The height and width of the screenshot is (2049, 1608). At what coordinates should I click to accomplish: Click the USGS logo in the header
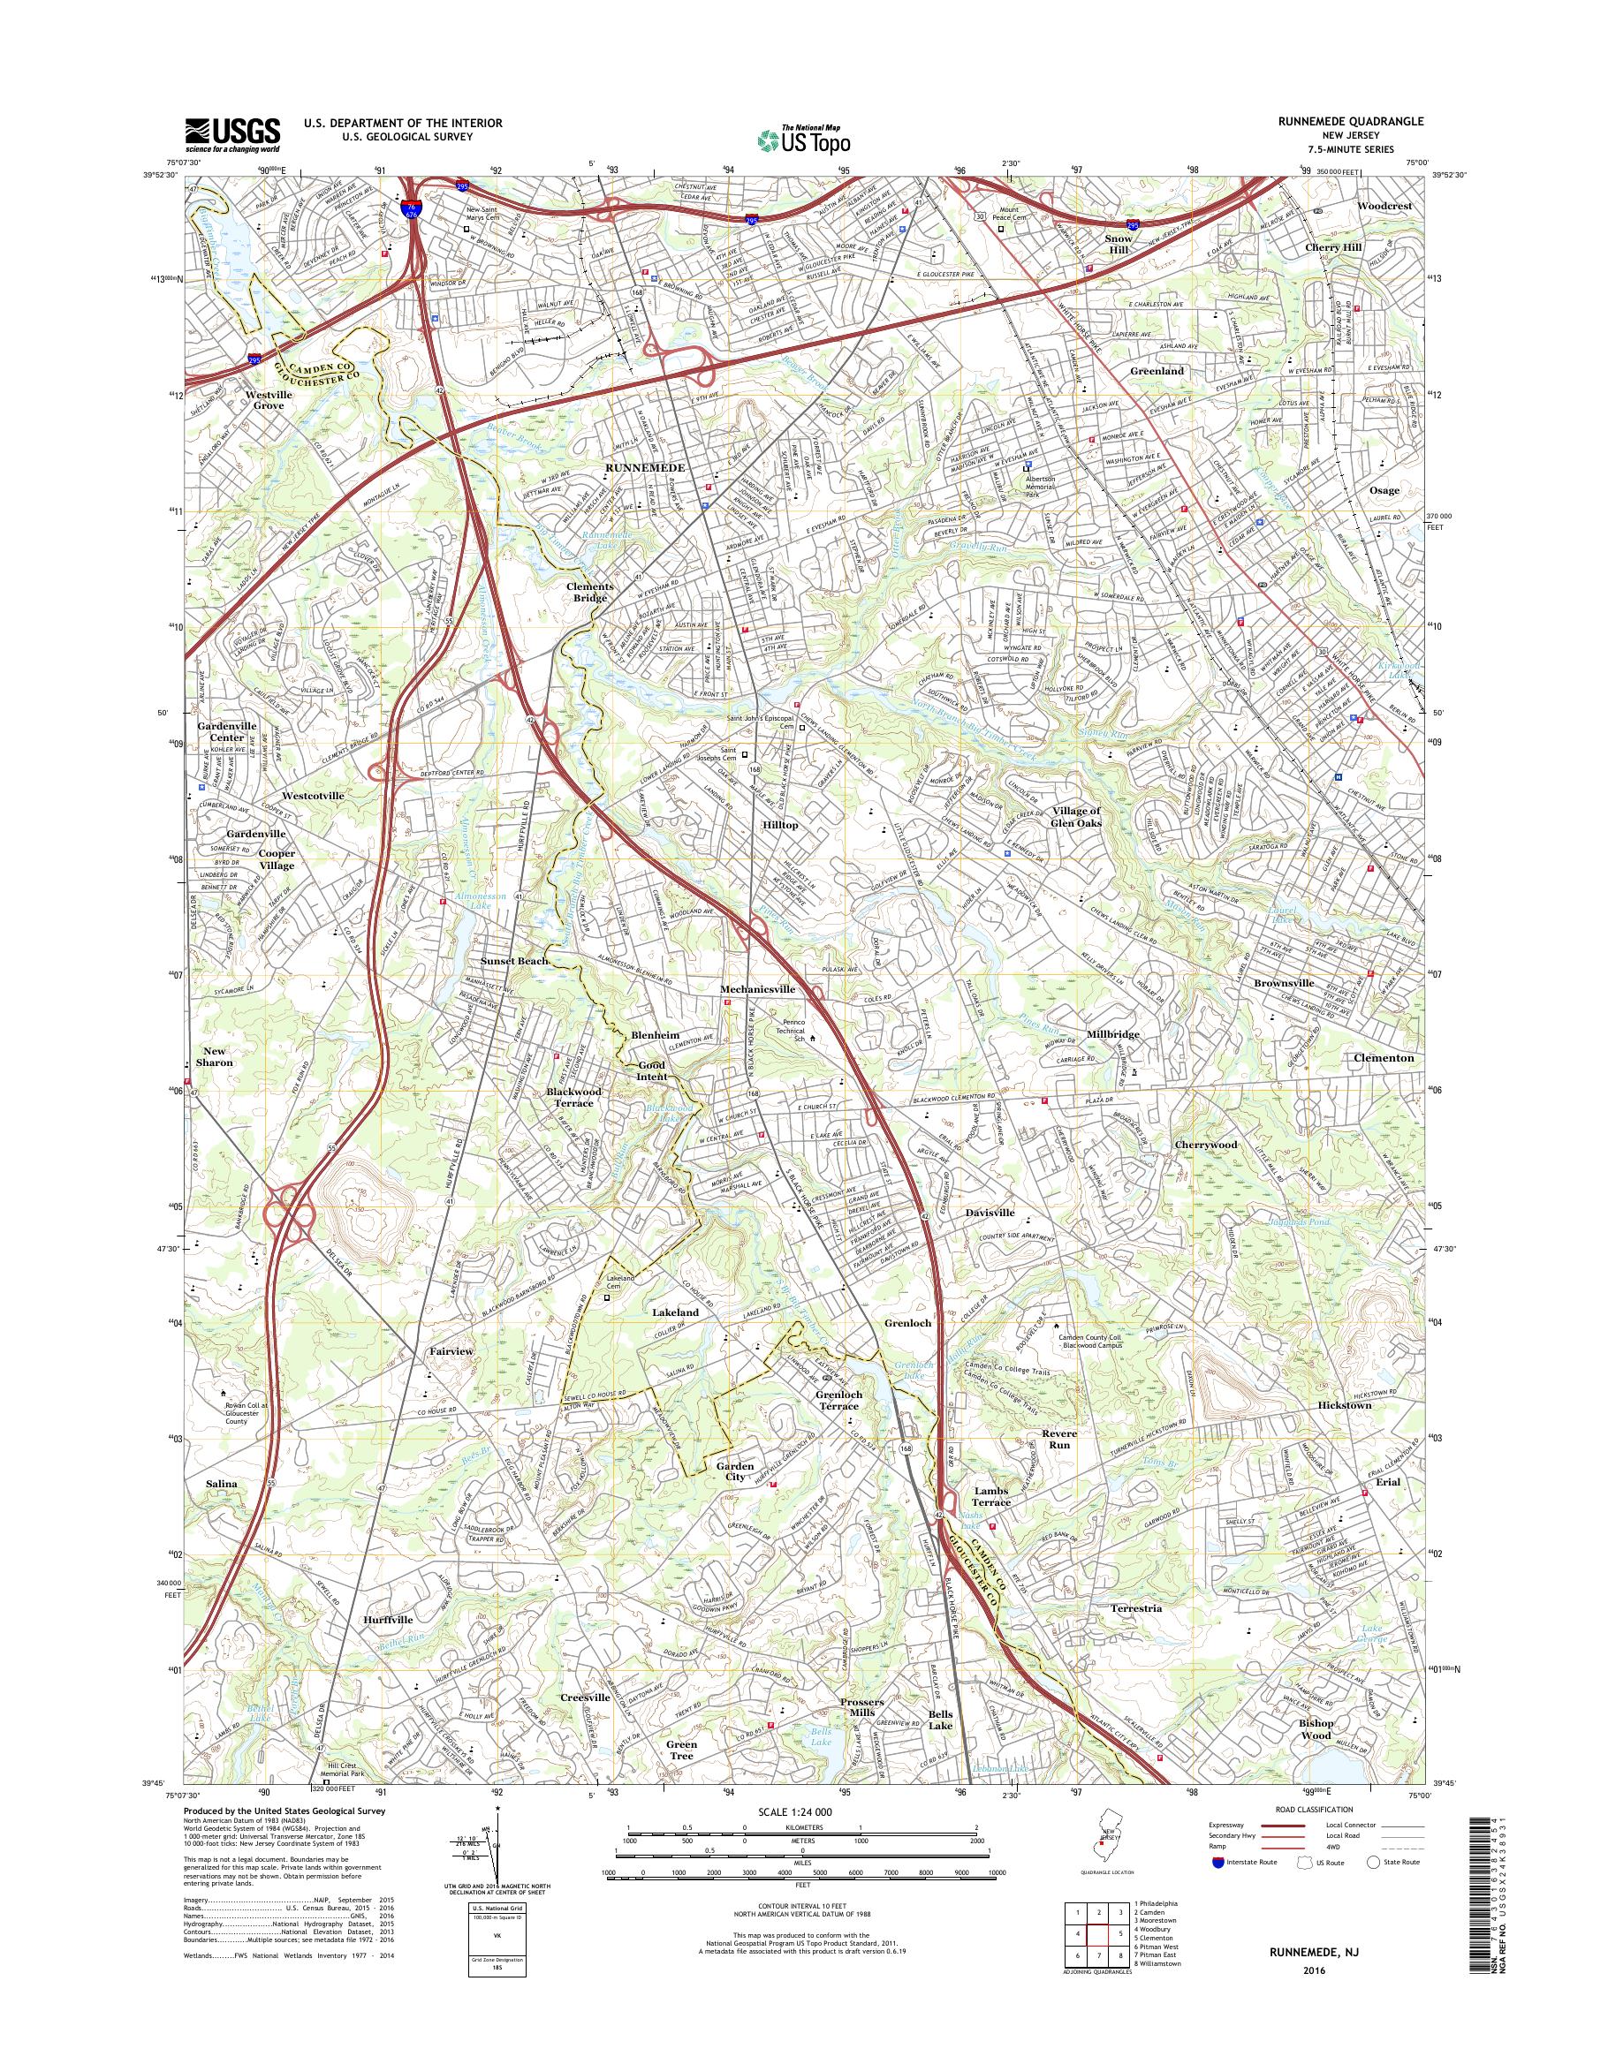pos(231,134)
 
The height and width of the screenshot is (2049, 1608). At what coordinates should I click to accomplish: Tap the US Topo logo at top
pos(803,140)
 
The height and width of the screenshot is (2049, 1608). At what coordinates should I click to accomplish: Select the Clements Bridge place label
pos(589,592)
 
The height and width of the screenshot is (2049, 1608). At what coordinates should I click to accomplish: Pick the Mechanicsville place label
pos(757,989)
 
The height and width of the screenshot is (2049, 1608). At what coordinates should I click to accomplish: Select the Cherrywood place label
pos(1206,1145)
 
